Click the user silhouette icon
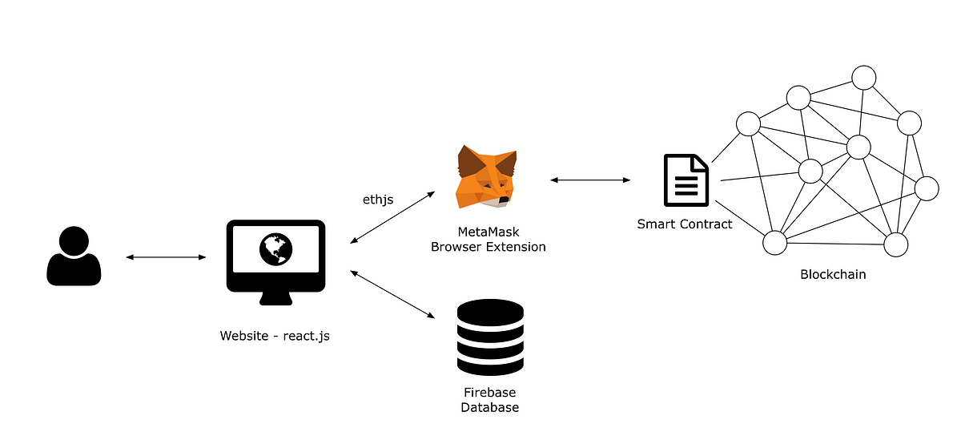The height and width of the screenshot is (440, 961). [74, 256]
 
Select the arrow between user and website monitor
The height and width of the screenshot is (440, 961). [167, 257]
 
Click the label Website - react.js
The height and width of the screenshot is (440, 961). [275, 336]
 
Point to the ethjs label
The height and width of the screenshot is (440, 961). [378, 199]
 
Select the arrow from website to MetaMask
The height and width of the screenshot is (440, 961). [393, 217]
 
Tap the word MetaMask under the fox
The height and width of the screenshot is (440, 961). [489, 232]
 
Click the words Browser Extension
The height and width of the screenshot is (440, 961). [489, 247]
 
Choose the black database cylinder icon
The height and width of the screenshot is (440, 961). [490, 337]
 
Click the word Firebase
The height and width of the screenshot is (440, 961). [489, 393]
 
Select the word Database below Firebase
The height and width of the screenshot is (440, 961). [489, 407]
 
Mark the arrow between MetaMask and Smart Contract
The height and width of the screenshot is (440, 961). [591, 180]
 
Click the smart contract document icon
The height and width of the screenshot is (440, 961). [686, 180]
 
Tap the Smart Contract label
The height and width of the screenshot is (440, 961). [685, 224]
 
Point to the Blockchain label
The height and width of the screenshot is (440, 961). [833, 274]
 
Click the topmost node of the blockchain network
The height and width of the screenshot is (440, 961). [864, 78]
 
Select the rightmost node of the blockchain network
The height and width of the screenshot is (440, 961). [927, 188]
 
